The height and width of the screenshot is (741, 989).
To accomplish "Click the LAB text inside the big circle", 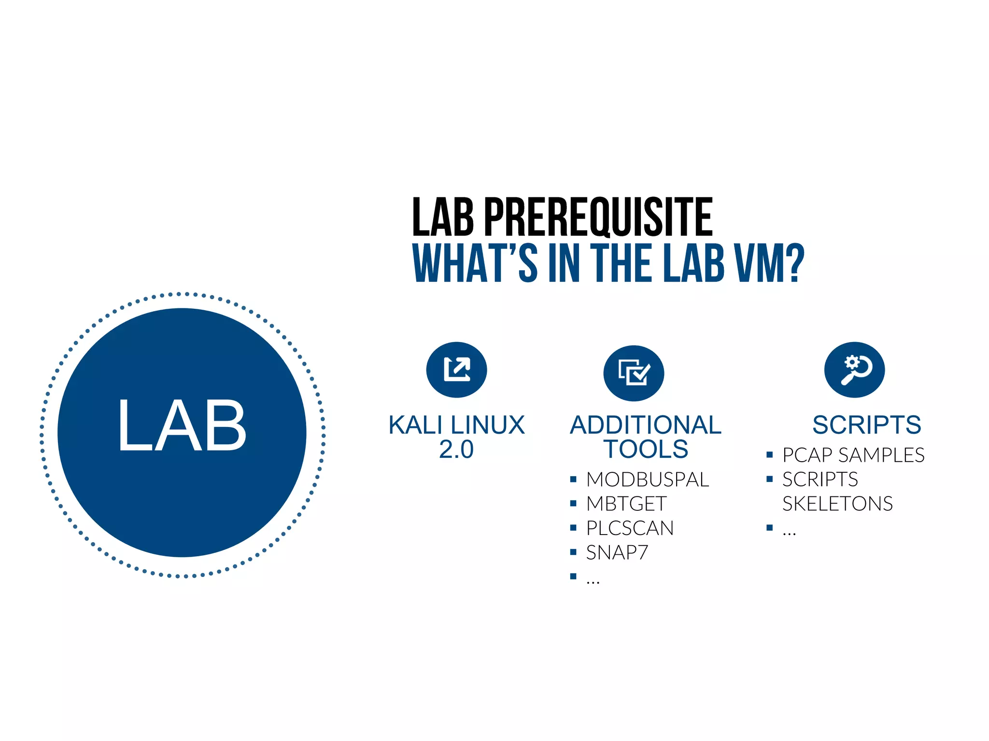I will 182,426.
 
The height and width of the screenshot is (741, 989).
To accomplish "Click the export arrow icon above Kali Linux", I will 456,370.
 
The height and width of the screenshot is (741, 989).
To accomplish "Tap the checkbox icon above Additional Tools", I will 634,373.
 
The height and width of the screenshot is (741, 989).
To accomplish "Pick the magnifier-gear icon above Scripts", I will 854,370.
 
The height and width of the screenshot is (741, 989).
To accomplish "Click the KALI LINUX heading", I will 456,425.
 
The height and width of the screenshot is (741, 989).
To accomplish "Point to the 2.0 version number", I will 456,450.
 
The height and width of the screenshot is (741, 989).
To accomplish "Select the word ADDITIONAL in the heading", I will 646,425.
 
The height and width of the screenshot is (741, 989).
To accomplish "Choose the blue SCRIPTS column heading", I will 866,425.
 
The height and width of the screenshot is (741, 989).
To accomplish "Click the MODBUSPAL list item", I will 648,480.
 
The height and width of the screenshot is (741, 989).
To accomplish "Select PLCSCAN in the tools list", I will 630,528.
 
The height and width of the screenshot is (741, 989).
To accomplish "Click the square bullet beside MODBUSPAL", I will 573,480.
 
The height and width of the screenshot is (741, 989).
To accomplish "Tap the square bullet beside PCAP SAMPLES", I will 770,455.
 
